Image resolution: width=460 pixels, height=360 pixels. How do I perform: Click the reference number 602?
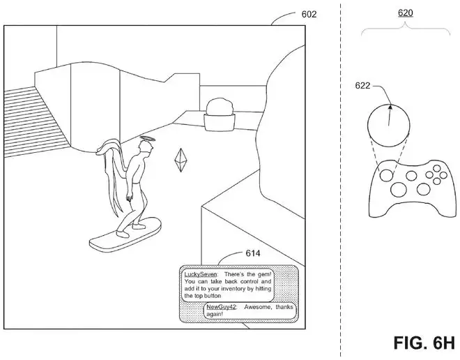pyautogui.click(x=309, y=14)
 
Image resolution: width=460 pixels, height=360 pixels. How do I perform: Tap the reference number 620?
pyautogui.click(x=405, y=13)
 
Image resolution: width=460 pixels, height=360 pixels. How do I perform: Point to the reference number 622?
pyautogui.click(x=363, y=86)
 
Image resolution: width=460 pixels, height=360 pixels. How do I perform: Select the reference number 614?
pyautogui.click(x=253, y=253)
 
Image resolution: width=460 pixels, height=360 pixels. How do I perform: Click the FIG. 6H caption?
pyautogui.click(x=424, y=343)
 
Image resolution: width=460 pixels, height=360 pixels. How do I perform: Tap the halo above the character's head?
pyautogui.click(x=147, y=139)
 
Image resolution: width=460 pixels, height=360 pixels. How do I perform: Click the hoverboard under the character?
pyautogui.click(x=125, y=234)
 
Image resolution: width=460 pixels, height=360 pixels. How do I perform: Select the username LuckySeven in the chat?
pyautogui.click(x=200, y=274)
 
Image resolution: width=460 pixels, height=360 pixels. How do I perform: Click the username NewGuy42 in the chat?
pyautogui.click(x=221, y=307)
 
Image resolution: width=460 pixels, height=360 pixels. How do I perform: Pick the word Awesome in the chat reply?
pyautogui.click(x=257, y=307)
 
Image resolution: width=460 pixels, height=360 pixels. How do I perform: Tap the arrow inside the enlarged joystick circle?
pyautogui.click(x=390, y=115)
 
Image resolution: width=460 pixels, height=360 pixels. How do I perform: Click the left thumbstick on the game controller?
pyautogui.click(x=386, y=176)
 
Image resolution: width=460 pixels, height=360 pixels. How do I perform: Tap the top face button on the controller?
pyautogui.click(x=437, y=169)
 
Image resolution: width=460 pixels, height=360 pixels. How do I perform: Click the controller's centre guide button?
pyautogui.click(x=411, y=176)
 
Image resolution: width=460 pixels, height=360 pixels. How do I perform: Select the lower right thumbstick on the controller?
pyautogui.click(x=423, y=189)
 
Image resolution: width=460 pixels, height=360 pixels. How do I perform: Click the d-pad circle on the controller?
pyautogui.click(x=399, y=190)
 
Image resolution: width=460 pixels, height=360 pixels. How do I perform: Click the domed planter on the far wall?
pyautogui.click(x=220, y=115)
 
